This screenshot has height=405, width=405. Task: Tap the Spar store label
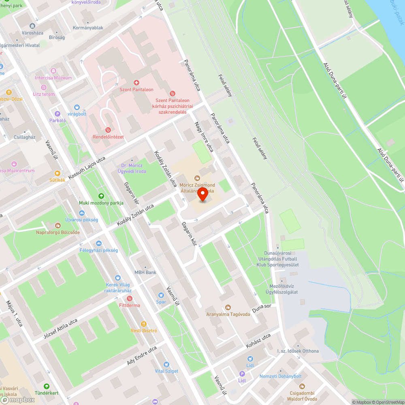pyautogui.click(x=161, y=302)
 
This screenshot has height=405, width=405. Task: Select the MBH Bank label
pyautogui.click(x=145, y=273)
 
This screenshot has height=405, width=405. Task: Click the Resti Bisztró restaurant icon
pyautogui.click(x=143, y=324)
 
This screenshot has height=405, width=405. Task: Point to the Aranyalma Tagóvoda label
pyautogui.click(x=228, y=314)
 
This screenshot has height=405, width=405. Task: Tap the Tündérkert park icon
pyautogui.click(x=47, y=386)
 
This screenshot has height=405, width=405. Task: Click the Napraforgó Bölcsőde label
pyautogui.click(x=58, y=232)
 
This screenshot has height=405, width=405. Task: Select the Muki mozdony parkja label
pyautogui.click(x=101, y=202)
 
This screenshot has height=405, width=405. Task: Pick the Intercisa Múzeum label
pyautogui.click(x=53, y=78)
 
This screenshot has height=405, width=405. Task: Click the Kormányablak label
pyautogui.click(x=88, y=28)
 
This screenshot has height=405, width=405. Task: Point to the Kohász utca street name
pyautogui.click(x=258, y=341)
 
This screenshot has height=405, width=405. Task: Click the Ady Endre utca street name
pyautogui.click(x=142, y=356)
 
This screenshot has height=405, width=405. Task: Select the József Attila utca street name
pyautogui.click(x=60, y=329)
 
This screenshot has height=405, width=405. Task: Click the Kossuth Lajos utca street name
pyautogui.click(x=87, y=168)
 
